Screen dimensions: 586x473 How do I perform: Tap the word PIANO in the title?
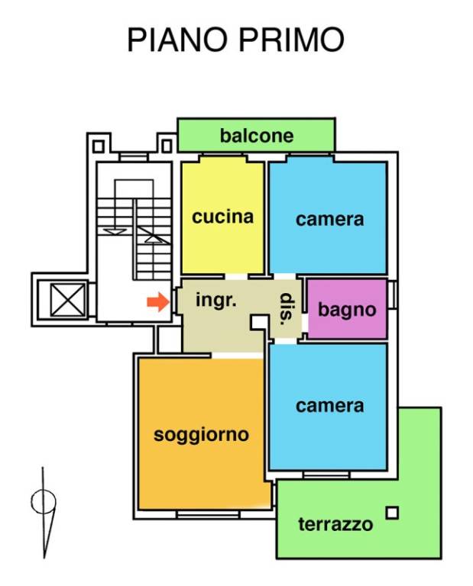175,40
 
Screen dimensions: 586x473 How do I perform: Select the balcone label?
257,136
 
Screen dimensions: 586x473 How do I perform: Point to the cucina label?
222,217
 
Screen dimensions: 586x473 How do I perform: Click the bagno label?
347,310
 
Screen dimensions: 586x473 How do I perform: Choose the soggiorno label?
202,435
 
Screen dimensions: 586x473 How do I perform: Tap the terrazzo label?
335,524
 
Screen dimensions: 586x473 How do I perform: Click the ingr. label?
216,300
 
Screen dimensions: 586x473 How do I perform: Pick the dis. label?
287,309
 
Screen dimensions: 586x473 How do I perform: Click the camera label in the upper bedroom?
329,220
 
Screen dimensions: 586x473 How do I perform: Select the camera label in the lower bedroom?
329,405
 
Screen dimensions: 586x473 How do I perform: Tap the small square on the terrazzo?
392,513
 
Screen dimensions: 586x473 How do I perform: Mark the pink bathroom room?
347,294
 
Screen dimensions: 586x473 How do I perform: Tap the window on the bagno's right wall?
392,295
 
